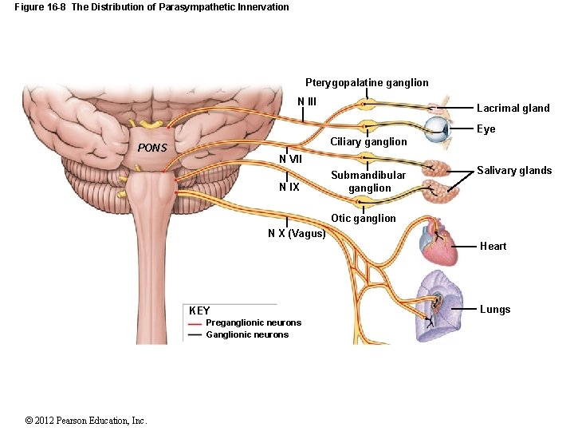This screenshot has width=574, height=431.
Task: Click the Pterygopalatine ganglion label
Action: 367,82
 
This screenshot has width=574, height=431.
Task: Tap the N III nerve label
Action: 307,101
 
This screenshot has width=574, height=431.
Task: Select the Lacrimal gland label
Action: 513,109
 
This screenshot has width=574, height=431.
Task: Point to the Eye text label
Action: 486,129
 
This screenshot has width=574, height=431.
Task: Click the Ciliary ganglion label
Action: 368,141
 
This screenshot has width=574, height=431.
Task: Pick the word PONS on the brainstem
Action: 151,148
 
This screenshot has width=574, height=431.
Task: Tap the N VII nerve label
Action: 290,158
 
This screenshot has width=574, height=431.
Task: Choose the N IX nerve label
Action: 289,188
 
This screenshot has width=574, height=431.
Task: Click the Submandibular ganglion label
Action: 368,181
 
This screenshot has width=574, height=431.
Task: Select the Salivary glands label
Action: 514,170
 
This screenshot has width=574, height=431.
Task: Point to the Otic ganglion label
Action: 364,218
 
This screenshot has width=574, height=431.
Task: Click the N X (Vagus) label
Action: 297,233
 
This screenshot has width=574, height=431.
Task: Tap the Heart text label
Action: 493,246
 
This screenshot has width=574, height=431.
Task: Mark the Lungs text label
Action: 494,309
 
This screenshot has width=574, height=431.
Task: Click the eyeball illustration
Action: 438,129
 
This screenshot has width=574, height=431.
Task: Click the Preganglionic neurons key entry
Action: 254,322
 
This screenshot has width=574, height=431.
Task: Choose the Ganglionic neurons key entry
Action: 247,334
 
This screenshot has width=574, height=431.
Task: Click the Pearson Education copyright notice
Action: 86,421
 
